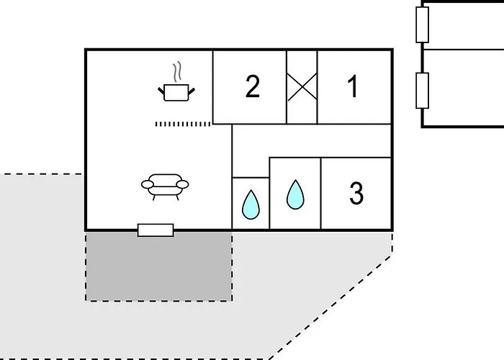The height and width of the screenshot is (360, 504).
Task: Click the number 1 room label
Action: (353, 87)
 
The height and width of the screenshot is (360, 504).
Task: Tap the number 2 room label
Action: (252, 87)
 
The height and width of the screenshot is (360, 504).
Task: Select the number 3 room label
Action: (356, 194)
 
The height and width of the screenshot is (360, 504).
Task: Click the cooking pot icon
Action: (176, 91)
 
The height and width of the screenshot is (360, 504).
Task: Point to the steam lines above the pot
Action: (176, 73)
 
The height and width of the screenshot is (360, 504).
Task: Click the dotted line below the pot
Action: (184, 124)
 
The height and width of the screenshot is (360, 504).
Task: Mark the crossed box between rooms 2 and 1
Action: (302, 87)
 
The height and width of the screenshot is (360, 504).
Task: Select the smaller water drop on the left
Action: (251, 204)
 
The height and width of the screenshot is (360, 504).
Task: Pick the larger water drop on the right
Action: (295, 194)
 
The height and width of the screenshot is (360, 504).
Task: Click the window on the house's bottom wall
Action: (156, 230)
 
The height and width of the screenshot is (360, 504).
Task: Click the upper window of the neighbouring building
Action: (423, 24)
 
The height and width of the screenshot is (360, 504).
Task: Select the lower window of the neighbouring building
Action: (423, 90)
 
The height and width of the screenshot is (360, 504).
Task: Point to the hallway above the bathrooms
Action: (310, 140)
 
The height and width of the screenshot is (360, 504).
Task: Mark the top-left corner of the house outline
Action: (86, 50)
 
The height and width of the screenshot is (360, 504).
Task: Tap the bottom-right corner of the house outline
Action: (392, 230)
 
